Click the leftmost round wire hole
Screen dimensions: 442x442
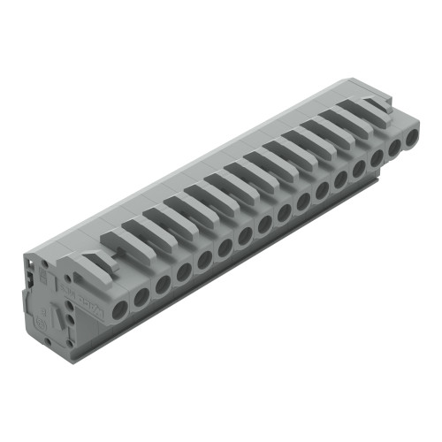(120, 308)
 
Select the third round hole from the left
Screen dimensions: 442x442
(163, 285)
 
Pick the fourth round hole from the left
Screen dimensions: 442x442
(184, 272)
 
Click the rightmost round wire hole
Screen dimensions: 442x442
(411, 138)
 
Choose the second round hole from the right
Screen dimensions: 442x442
(393, 148)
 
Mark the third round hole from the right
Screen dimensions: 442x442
(376, 158)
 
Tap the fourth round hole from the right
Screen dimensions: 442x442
(358, 167)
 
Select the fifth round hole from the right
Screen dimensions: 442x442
(340, 178)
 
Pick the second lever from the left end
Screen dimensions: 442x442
(124, 240)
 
